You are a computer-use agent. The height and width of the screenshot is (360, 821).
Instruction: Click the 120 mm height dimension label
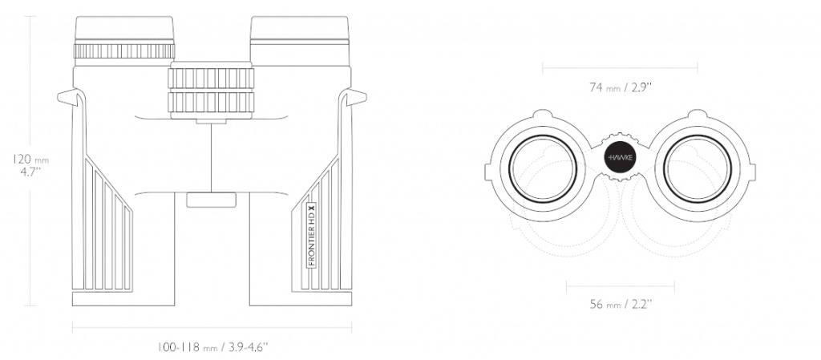(x=30, y=165)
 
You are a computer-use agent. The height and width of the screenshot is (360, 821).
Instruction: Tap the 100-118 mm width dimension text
(x=212, y=347)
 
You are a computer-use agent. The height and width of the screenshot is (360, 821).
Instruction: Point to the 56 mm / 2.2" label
(x=621, y=305)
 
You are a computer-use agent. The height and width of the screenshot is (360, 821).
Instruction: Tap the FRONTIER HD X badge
(x=311, y=235)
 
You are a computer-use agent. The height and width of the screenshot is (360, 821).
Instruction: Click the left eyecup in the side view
(x=124, y=29)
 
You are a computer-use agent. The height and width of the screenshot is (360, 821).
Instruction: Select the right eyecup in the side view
(x=300, y=29)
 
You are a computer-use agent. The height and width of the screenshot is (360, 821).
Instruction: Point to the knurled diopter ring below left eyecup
(x=124, y=51)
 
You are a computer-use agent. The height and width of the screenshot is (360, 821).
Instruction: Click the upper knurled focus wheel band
(x=211, y=78)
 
